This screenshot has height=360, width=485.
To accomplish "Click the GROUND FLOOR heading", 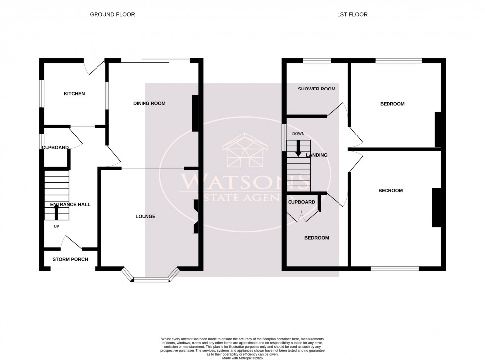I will click(x=112, y=15).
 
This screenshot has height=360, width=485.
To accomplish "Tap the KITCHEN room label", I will click(x=74, y=94).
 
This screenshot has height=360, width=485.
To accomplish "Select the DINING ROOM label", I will click(x=149, y=103).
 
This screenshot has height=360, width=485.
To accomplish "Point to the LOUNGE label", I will click(x=145, y=216).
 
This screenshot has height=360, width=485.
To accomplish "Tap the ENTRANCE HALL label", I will click(x=70, y=204).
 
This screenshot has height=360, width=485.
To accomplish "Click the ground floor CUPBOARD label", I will click(x=55, y=148).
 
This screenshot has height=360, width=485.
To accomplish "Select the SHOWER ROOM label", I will click(x=316, y=89).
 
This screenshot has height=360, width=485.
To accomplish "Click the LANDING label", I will click(x=317, y=155).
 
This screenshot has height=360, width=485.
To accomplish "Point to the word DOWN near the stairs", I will click(x=298, y=134).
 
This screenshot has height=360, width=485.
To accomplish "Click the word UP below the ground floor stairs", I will click(x=57, y=227).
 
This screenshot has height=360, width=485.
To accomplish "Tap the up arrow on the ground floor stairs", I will click(x=56, y=211).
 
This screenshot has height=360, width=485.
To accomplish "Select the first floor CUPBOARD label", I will click(x=301, y=202).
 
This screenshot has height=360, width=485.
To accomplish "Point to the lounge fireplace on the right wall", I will click(x=196, y=216).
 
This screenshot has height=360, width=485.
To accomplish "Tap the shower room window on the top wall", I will click(x=317, y=61).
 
